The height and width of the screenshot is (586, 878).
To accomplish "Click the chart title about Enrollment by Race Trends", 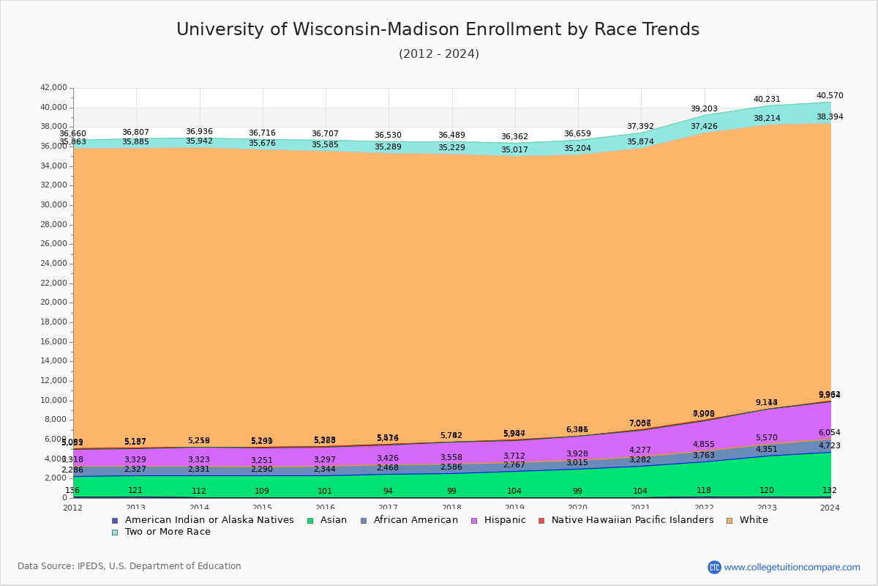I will tap(438, 29).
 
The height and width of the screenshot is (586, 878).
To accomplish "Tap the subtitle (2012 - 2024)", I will tap(438, 54).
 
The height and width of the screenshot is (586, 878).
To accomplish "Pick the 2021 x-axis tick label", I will tap(640, 508).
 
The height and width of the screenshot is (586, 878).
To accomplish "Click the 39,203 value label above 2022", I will tap(704, 108).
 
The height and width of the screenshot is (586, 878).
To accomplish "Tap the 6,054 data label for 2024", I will tap(830, 433).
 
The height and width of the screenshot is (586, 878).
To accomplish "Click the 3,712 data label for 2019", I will tap(514, 456).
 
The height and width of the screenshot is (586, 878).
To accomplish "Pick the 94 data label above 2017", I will tap(388, 491).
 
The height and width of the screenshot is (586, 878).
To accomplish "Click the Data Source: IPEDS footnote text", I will tap(130, 566).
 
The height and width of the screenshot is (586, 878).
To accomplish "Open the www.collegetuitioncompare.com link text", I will tap(792, 567).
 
